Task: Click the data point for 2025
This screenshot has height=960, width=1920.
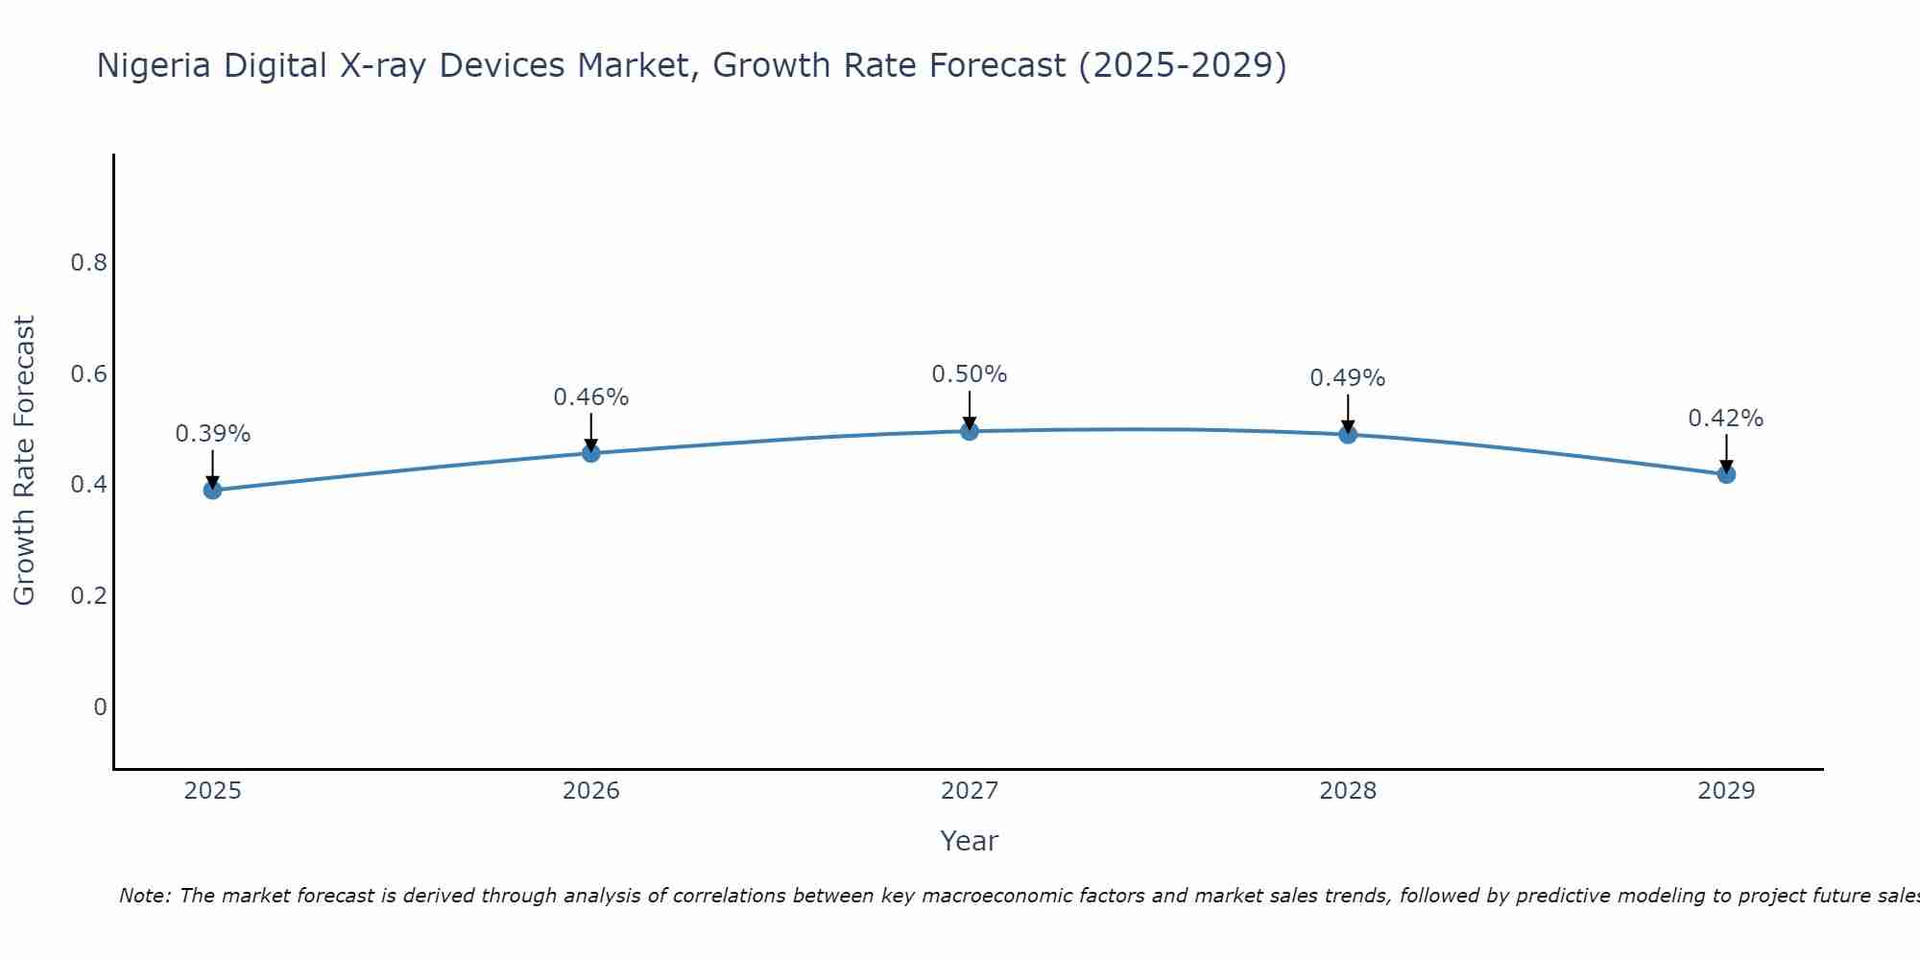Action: click(x=213, y=491)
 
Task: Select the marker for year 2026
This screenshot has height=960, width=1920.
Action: click(x=591, y=453)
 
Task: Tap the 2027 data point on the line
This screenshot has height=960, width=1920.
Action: click(x=970, y=431)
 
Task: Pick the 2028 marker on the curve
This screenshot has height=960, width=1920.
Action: click(x=1348, y=435)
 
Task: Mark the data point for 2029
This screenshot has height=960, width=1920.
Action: click(x=1726, y=474)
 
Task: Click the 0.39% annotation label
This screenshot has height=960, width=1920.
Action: click(x=213, y=434)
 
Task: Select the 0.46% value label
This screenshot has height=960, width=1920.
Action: click(x=591, y=397)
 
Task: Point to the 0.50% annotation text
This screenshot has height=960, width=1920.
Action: click(x=970, y=374)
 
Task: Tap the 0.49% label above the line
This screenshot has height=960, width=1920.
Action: click(x=1348, y=378)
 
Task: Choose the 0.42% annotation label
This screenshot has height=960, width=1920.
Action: click(x=1726, y=419)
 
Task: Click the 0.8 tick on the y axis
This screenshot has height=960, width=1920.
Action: click(x=88, y=263)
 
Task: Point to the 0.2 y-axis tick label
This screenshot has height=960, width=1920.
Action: click(x=88, y=596)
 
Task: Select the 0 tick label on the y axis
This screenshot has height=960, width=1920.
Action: click(x=100, y=708)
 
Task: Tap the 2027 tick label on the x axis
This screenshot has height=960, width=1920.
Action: click(x=970, y=791)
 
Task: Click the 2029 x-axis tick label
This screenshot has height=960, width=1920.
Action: click(x=1726, y=791)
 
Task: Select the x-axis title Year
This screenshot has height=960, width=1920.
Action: click(x=970, y=841)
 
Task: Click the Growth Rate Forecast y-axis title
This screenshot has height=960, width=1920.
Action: click(x=25, y=461)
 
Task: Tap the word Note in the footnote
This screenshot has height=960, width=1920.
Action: click(x=144, y=897)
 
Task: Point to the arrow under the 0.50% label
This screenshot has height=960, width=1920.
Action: click(x=970, y=411)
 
